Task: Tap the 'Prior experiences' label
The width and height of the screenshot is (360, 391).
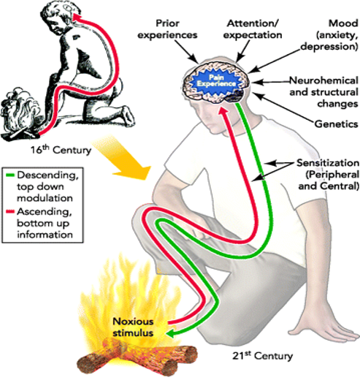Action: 167,29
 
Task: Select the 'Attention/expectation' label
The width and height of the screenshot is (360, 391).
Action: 253,29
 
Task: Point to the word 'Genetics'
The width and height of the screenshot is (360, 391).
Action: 337,124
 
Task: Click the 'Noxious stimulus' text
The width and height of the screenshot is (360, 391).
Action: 133,327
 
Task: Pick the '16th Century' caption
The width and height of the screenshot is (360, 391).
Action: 61,150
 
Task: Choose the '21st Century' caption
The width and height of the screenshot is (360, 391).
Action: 263,356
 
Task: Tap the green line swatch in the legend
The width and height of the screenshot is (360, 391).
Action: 10,175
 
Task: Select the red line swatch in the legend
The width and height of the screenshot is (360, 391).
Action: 10,211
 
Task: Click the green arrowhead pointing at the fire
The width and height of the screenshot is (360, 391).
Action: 172,334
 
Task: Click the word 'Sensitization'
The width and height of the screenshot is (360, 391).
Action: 328,163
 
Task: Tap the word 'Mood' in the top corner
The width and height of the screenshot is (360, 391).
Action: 343,23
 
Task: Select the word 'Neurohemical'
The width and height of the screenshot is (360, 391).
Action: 324,80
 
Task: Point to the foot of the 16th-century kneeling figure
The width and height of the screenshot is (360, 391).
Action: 127,117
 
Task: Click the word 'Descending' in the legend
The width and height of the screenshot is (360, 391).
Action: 48,175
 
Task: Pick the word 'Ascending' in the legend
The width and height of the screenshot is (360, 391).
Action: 45,212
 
